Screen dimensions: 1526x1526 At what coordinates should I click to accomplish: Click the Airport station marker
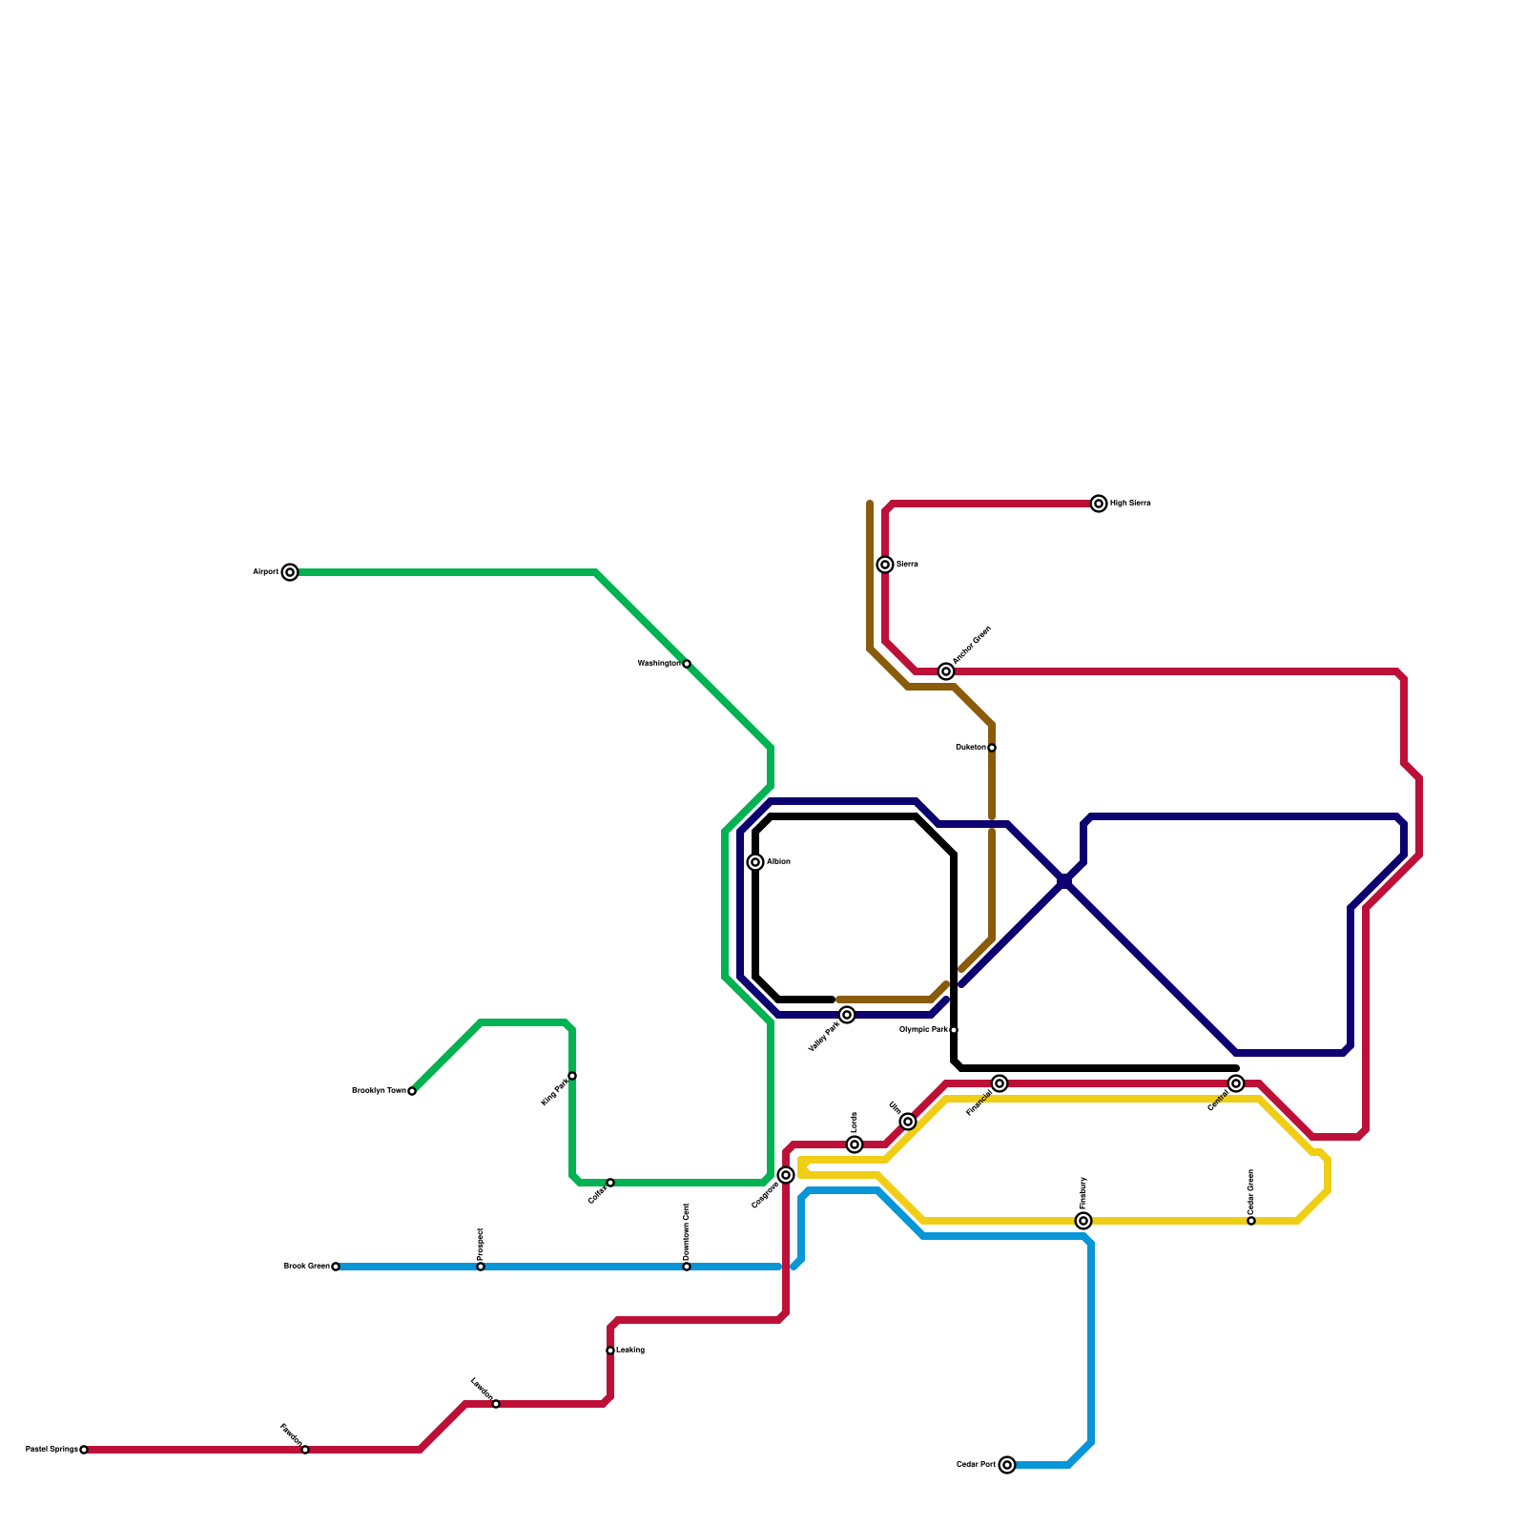point(290,572)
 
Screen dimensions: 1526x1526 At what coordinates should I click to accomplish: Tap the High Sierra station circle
point(1099,504)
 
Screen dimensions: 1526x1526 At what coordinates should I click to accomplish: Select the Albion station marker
point(755,862)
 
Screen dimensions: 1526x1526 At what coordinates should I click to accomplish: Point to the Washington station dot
point(687,664)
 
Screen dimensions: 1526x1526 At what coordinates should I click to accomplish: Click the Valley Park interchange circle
point(847,1015)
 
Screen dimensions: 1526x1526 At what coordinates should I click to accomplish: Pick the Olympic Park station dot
point(954,1030)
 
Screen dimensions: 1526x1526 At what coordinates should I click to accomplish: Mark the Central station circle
point(1236,1083)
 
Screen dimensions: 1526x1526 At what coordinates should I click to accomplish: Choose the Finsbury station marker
point(1083,1221)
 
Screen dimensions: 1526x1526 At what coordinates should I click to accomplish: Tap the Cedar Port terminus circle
point(1007,1465)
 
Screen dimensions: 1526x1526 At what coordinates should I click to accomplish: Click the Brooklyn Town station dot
point(412,1091)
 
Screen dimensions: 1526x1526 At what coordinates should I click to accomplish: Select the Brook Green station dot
point(336,1267)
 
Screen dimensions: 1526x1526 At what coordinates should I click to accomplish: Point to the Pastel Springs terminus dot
point(84,1450)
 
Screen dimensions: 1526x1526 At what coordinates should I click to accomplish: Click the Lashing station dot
point(610,1351)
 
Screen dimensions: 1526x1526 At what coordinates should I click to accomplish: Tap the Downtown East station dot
point(687,1267)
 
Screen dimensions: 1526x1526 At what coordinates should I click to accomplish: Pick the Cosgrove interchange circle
point(786,1175)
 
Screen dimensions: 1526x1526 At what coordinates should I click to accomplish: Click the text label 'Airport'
point(265,572)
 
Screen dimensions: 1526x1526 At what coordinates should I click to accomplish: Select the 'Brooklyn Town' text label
point(379,1090)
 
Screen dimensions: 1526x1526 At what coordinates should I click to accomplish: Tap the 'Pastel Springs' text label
point(52,1449)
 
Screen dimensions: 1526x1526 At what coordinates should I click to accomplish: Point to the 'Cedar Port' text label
point(976,1464)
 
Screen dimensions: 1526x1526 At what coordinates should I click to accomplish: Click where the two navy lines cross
point(1065,882)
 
